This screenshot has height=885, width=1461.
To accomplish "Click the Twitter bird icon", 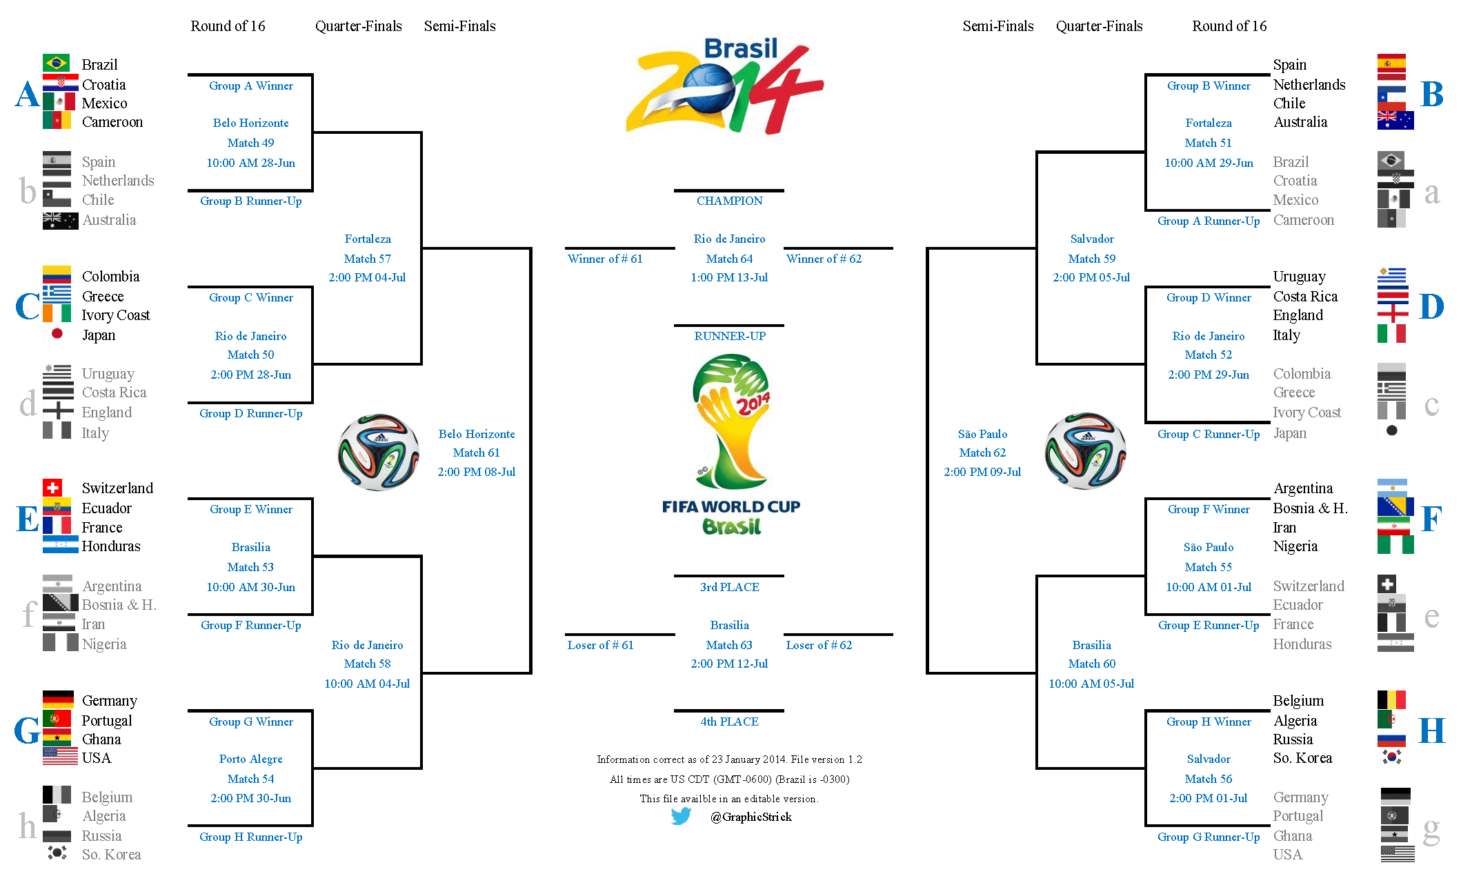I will point(681,816).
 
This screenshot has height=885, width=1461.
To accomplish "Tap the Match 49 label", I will point(250,143).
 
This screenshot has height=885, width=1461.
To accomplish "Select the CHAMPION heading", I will point(729,201).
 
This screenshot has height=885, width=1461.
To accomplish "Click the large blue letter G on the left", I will point(28,730).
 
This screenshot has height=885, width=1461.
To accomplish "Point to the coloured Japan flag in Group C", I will point(57,334).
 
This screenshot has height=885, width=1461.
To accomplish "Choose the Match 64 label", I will point(729,259).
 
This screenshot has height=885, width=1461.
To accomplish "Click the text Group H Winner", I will point(1209,722).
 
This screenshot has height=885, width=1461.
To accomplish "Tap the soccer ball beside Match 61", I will point(378,453).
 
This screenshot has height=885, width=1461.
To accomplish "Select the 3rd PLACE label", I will point(729,587).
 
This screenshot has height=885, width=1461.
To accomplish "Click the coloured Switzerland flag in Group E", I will point(52,488).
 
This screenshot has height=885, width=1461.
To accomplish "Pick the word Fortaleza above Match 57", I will point(368,239).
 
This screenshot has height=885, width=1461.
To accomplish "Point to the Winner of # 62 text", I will point(824,259).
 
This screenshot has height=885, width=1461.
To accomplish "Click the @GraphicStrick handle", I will point(751,817).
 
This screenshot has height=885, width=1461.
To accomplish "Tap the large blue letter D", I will point(1431,306).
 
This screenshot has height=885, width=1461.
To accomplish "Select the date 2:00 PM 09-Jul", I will point(982,472).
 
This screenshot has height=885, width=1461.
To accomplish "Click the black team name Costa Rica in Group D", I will point(1305,296).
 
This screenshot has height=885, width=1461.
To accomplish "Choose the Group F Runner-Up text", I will point(250,625).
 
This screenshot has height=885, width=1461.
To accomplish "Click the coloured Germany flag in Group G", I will point(58,699).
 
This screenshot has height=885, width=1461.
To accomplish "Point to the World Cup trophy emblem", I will point(730,421).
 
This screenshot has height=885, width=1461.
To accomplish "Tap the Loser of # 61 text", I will point(600,645).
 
